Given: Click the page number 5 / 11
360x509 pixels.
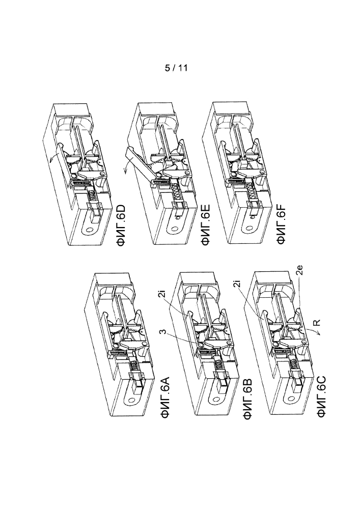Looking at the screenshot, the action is click(176, 68).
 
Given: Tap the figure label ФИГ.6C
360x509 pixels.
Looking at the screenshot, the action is click(322, 397).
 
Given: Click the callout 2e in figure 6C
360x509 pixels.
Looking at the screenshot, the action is click(301, 270).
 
